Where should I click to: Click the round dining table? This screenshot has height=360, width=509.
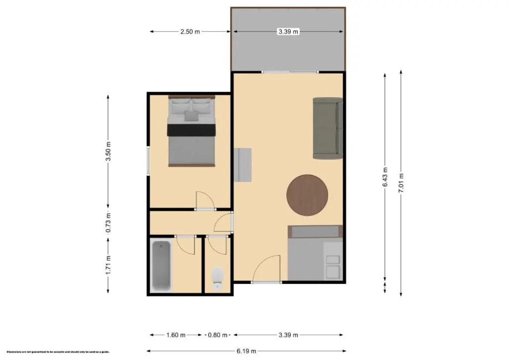307,195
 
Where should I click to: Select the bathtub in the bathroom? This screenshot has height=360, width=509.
161,265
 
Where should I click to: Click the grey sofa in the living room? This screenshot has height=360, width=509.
327,128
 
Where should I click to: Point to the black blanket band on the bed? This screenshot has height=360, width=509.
191,130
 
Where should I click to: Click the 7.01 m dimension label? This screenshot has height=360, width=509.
401,183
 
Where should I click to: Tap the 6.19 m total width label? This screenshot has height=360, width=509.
247,351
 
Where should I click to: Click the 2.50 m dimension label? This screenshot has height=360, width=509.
190,32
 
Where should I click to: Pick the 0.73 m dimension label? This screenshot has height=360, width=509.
108,223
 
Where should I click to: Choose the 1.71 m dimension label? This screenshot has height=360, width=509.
108,265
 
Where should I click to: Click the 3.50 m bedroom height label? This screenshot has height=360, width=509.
108,151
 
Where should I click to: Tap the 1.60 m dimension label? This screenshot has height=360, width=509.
176,335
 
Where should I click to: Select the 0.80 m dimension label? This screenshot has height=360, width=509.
218,335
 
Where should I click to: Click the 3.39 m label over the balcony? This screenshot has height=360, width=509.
288,32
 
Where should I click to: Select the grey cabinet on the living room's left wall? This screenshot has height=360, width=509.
243,165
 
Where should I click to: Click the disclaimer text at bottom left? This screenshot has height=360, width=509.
58,352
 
